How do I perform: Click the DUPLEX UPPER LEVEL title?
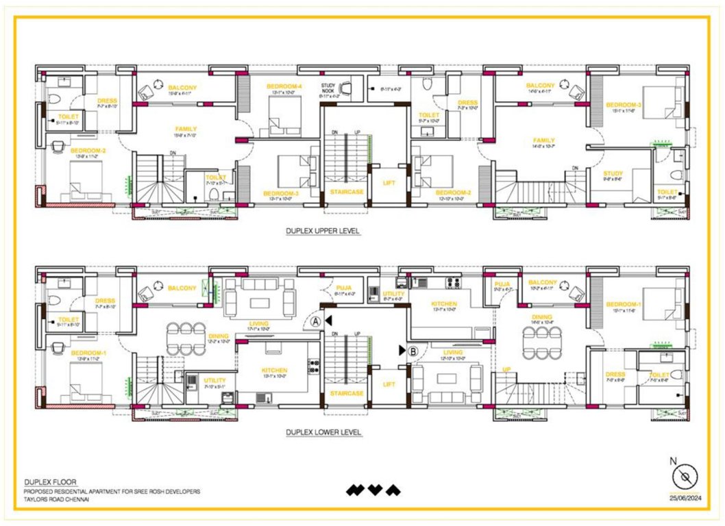point(323,231)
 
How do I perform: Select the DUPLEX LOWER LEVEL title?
point(323,433)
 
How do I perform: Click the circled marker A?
point(316,321)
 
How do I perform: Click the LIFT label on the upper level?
point(389,192)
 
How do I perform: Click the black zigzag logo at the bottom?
point(373,490)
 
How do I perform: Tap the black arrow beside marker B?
point(402,350)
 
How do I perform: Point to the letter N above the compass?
point(675,460)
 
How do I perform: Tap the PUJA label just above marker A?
point(343,288)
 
